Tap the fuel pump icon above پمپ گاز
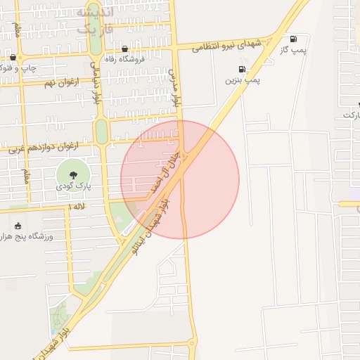[292, 39]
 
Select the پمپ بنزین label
[243, 81]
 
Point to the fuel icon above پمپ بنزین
[243, 69]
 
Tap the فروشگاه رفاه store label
[124, 60]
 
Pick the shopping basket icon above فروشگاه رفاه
[125, 49]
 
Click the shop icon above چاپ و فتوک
[13, 58]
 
